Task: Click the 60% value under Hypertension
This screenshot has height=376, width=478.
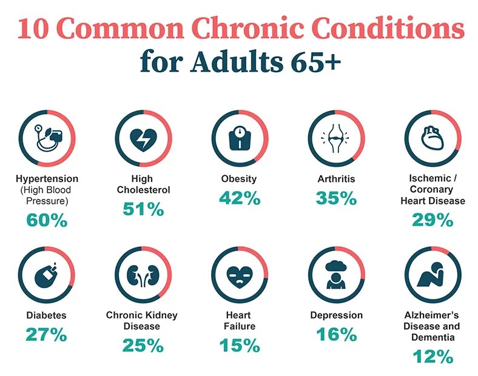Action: [47, 220]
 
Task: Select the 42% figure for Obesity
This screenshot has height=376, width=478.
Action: [239, 198]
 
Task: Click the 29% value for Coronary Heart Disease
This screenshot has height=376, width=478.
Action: [433, 220]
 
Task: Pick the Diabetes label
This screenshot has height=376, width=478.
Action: [46, 315]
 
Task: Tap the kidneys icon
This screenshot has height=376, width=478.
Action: [143, 276]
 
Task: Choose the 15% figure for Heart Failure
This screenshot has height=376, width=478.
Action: [239, 346]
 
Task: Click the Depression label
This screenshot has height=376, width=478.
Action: [336, 315]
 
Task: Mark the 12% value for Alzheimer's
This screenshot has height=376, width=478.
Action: [433, 357]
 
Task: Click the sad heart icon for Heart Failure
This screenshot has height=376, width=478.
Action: [239, 276]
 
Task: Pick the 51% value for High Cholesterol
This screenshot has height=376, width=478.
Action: [143, 209]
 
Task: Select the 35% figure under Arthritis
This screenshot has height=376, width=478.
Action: [336, 198]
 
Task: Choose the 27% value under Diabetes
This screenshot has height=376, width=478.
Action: [46, 334]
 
